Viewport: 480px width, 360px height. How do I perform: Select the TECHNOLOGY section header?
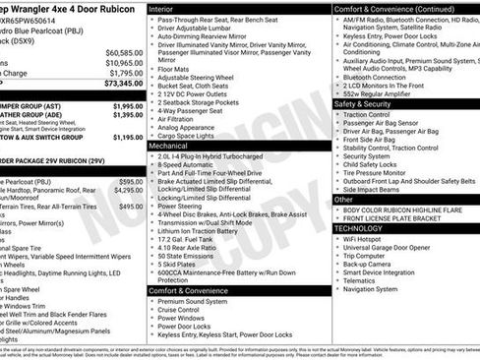(x=359, y=227)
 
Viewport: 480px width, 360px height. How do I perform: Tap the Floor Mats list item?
(x=175, y=69)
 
